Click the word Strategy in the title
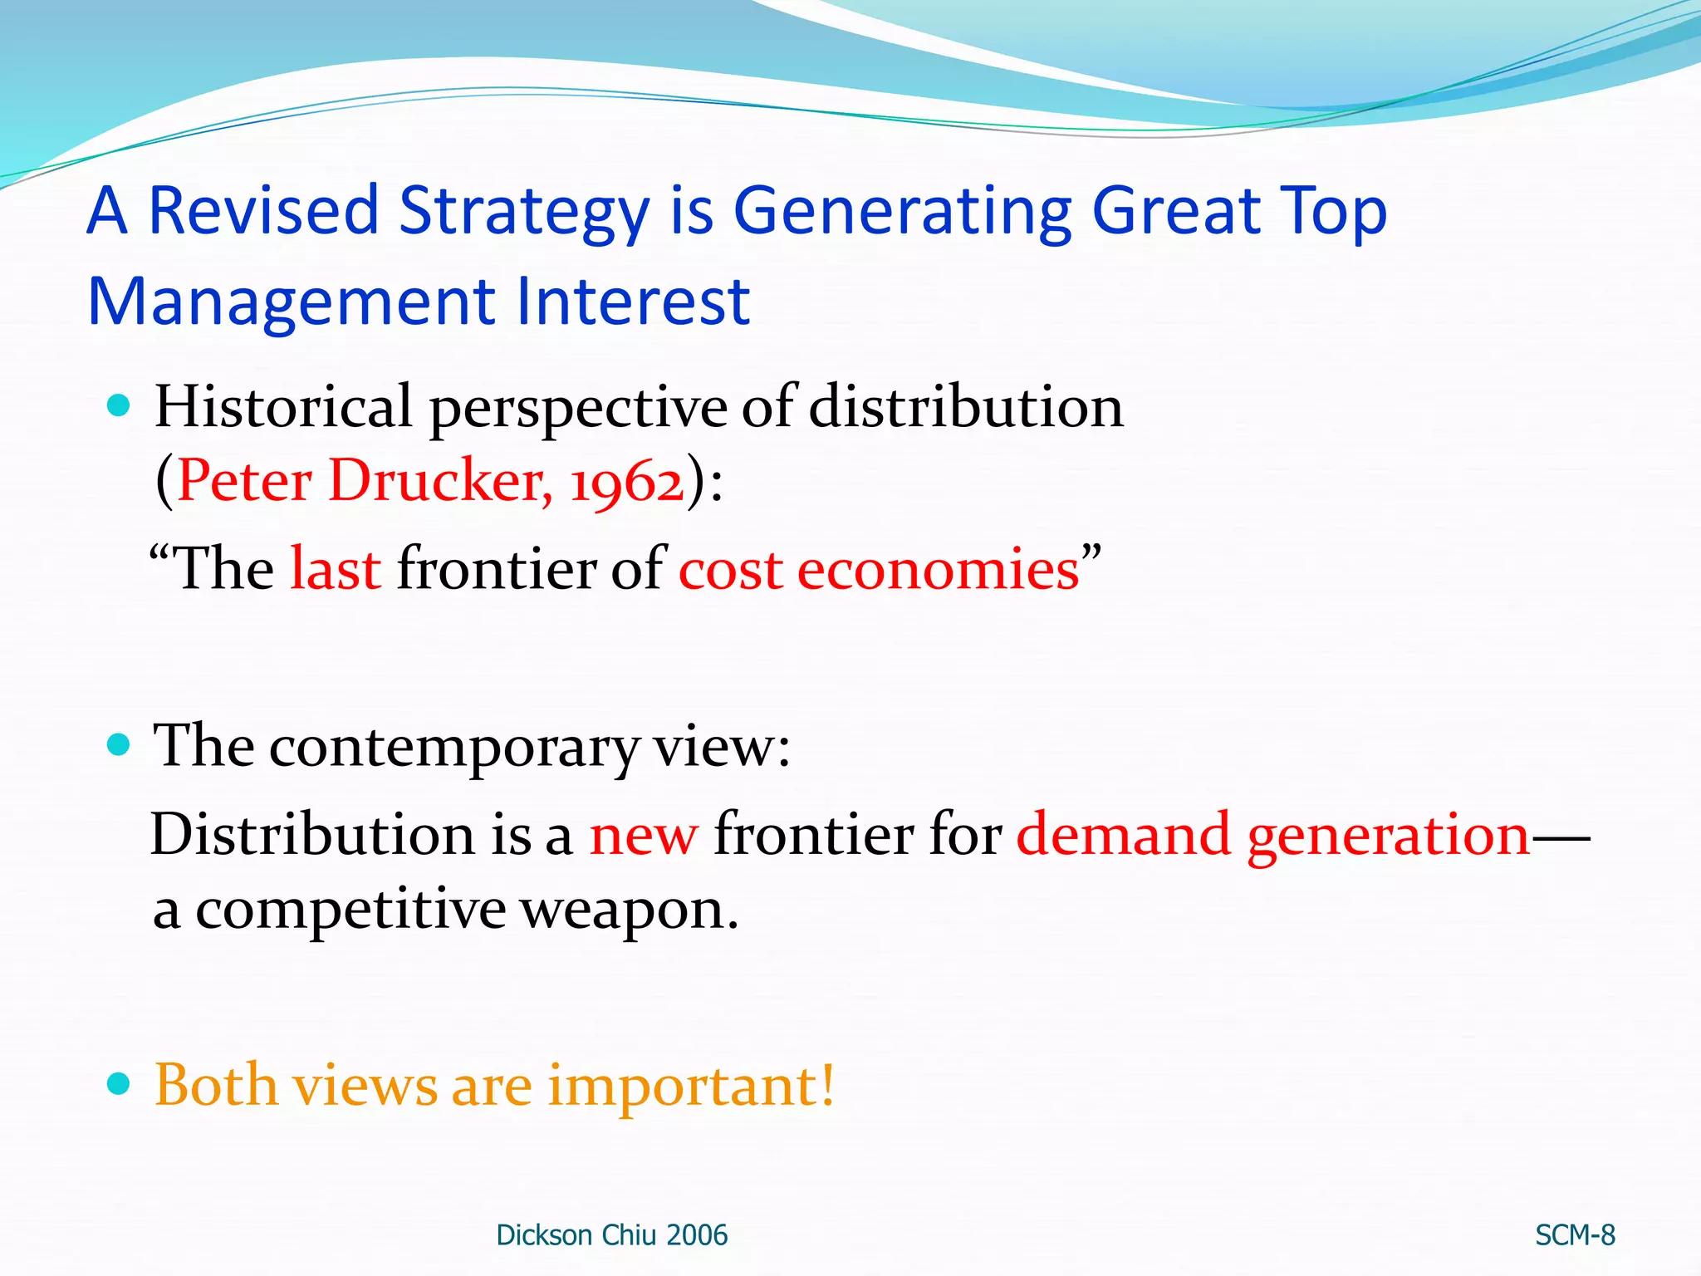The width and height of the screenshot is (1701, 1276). click(x=524, y=212)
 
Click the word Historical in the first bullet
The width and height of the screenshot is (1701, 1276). click(x=283, y=407)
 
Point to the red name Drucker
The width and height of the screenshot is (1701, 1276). click(x=440, y=481)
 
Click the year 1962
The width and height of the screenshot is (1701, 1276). click(x=626, y=483)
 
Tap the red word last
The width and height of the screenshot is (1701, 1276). click(x=336, y=570)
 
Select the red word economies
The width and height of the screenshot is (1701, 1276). click(x=938, y=571)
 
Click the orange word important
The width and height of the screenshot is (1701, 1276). click(x=690, y=1086)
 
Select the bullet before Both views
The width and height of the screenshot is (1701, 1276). click(x=120, y=1084)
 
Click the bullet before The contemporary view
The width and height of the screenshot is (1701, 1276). click(x=120, y=744)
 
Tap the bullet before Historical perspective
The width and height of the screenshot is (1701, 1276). click(x=120, y=405)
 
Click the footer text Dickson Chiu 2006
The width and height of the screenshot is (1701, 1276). click(x=611, y=1235)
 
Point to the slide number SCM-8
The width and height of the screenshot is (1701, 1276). click(x=1575, y=1235)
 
